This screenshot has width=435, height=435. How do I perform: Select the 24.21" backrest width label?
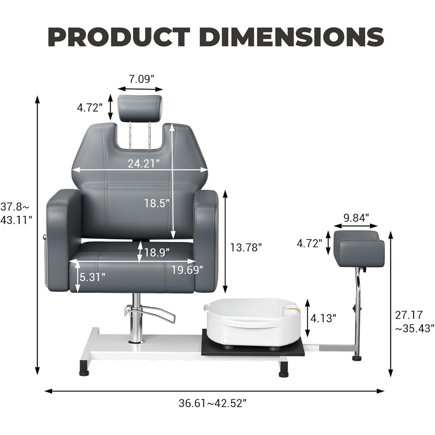144,164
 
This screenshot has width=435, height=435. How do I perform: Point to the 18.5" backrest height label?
157,203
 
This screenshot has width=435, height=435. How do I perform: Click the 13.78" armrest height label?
246,248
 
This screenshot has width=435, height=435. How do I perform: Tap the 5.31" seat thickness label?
93,277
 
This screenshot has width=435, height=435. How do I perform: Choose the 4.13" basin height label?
324,318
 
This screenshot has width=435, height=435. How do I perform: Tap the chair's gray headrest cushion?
140,107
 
